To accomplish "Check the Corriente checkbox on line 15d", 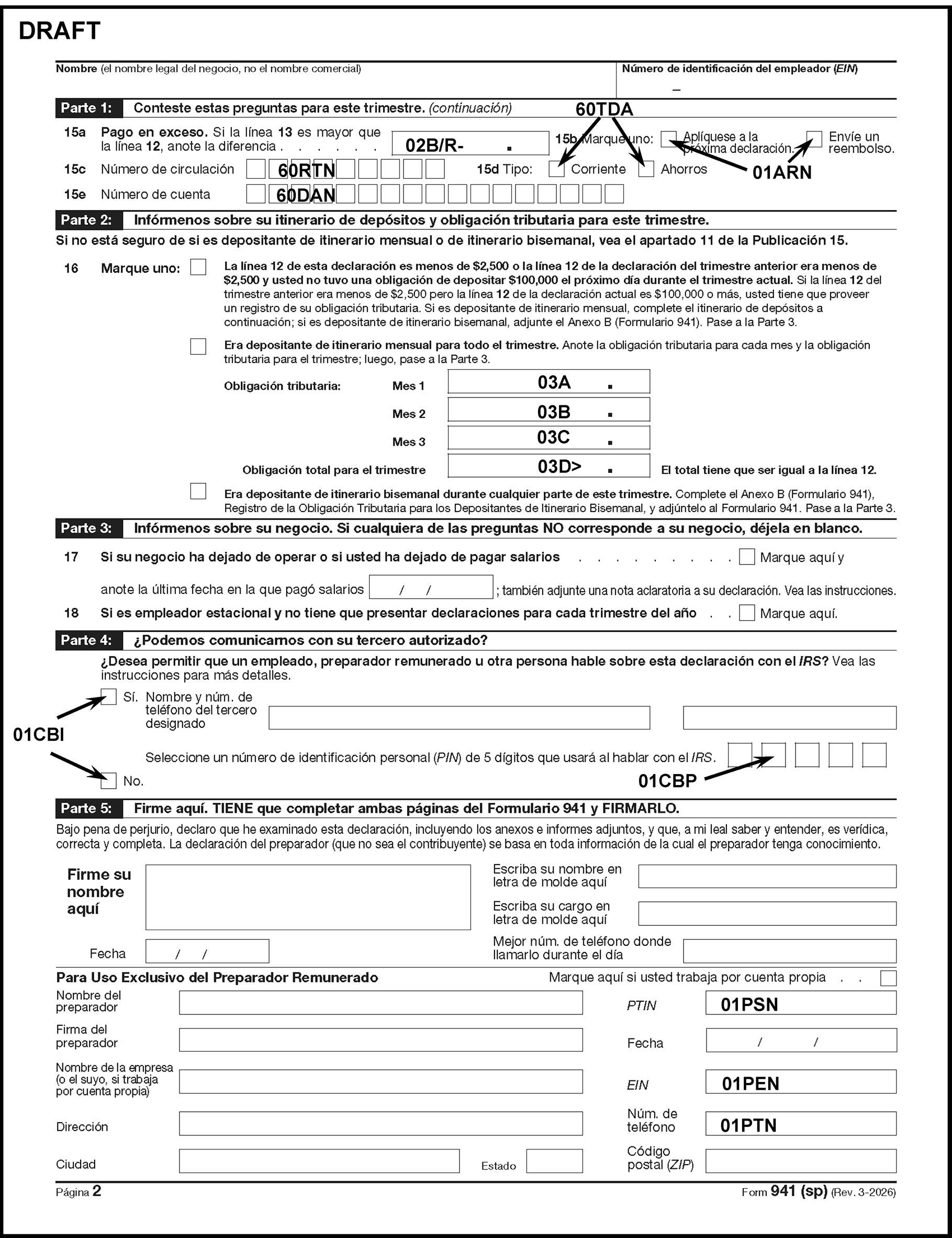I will point(556,169).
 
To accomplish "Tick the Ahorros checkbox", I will point(646,169).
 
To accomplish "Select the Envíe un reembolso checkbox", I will point(814,139).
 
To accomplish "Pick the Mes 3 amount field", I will point(548,438).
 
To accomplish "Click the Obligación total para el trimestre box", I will point(548,466).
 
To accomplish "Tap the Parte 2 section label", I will point(86,220).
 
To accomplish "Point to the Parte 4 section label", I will point(86,640).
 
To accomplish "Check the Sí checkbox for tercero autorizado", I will point(108,697).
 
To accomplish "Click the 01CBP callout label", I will point(667,781).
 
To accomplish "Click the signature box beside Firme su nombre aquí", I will point(308,897).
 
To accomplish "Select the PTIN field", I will point(800,1003).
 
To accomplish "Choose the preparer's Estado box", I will point(554,1161).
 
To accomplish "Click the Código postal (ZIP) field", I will point(800,1161).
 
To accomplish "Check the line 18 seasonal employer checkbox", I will point(747,613).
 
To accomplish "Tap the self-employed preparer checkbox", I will point(888,978).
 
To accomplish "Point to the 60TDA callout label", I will point(604,109).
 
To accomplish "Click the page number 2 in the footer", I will point(97,1191).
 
